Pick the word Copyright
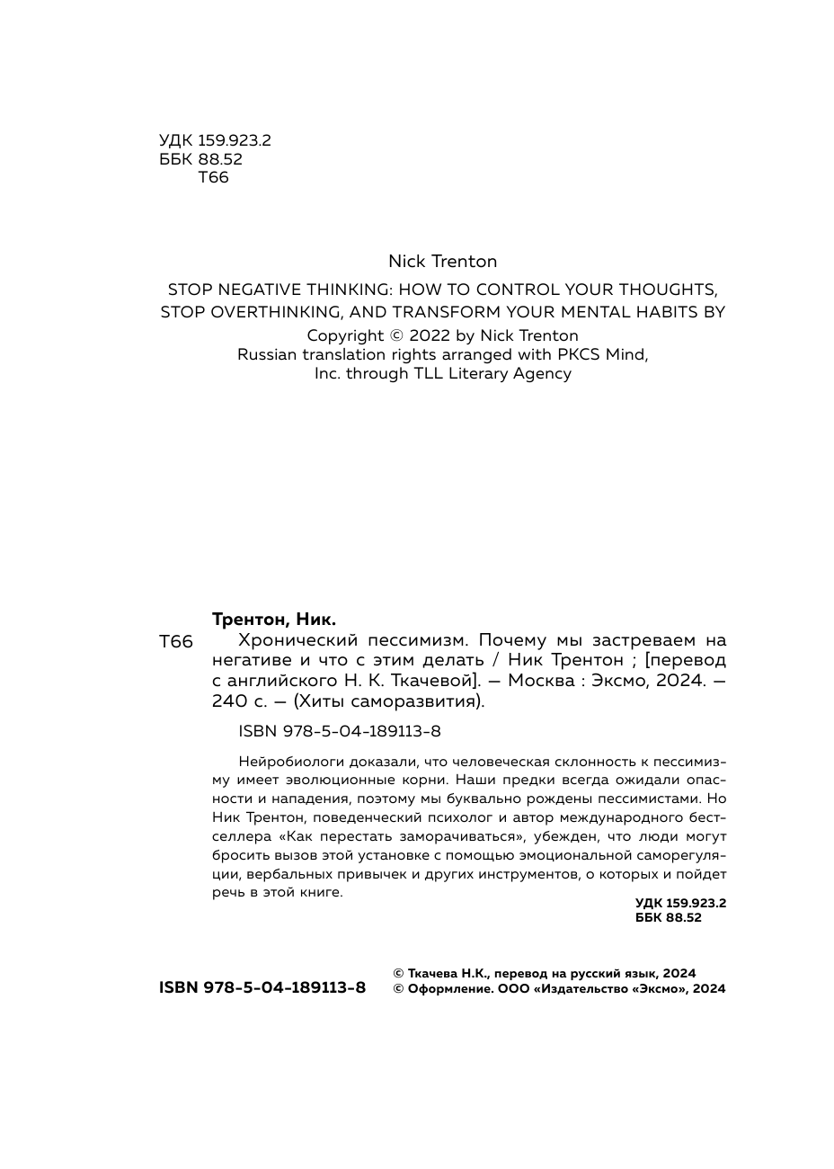[345, 335]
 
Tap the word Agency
[542, 373]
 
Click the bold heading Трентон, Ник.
[274, 620]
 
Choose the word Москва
[541, 682]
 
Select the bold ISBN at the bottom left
[262, 987]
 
